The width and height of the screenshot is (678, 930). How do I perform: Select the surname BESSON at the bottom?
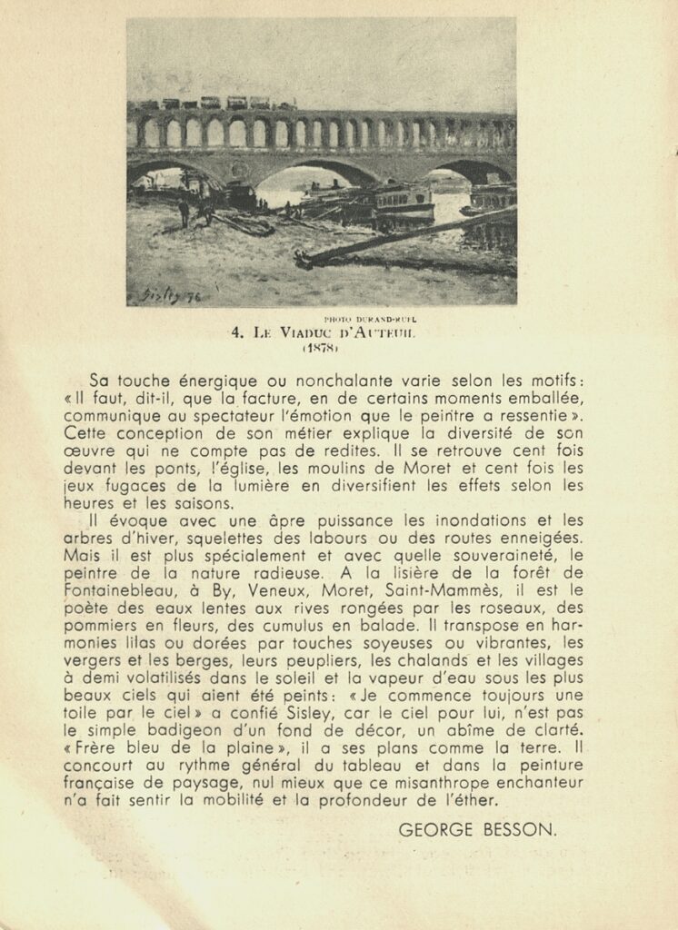pyautogui.click(x=525, y=829)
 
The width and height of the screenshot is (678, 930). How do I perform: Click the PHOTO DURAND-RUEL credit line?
pyautogui.click(x=370, y=320)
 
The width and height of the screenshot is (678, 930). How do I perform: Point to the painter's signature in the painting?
pyautogui.click(x=170, y=294)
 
